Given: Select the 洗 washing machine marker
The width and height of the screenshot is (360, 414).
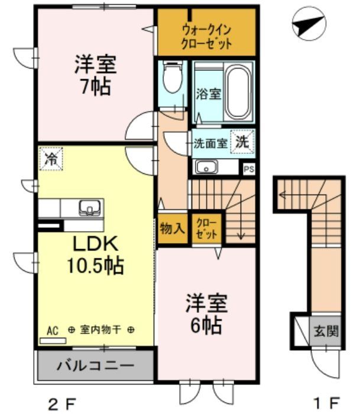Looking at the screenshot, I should coord(242,141).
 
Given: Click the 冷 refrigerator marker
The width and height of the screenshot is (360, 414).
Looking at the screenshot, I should coord(51,159).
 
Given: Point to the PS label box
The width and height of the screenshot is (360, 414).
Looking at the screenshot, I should coord(249,169).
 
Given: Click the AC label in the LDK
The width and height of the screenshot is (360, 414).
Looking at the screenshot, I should coord(52,331).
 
